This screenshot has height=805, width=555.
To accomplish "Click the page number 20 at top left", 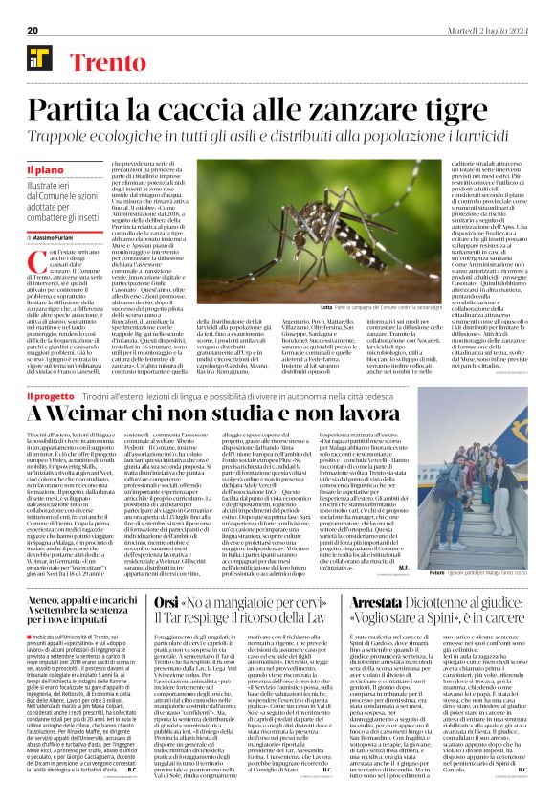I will click(32, 31).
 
